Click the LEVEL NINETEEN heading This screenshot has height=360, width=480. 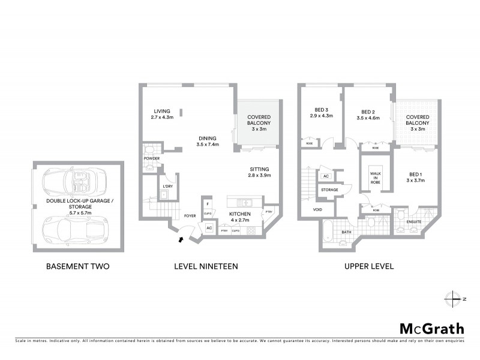(x=205, y=266)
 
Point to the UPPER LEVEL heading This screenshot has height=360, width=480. (x=368, y=266)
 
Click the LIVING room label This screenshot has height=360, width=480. (x=162, y=111)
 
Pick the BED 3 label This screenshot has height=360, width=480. (x=322, y=109)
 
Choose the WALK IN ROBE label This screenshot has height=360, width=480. (x=376, y=176)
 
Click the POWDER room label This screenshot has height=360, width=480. (x=151, y=160)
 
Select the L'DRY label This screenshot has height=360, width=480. (x=167, y=186)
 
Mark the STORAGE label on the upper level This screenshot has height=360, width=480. (x=329, y=190)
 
